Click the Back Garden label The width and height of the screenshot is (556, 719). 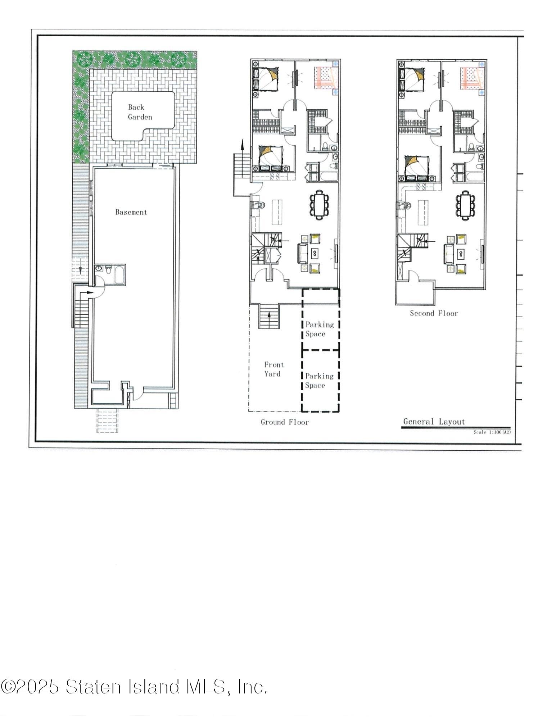tap(140, 112)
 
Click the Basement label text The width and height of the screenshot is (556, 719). tap(131, 212)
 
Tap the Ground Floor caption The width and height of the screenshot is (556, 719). tap(285, 422)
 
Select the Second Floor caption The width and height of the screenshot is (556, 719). tap(434, 313)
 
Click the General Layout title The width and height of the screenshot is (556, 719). tap(434, 422)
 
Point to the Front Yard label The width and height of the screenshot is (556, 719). tap(274, 369)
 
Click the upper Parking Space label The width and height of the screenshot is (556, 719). tap(320, 329)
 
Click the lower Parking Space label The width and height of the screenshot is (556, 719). tap(319, 381)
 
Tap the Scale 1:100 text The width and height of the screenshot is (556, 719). tap(492, 432)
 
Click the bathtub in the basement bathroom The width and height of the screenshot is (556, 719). tap(119, 275)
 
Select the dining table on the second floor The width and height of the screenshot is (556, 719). tap(465, 205)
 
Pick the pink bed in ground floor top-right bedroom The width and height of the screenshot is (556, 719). tap(325, 78)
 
